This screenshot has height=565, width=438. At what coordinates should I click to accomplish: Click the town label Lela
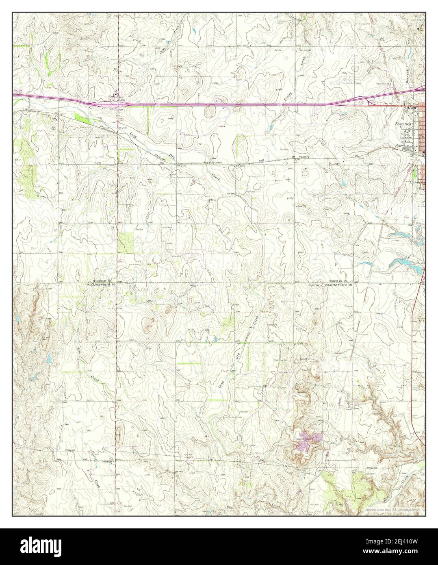[121, 99]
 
